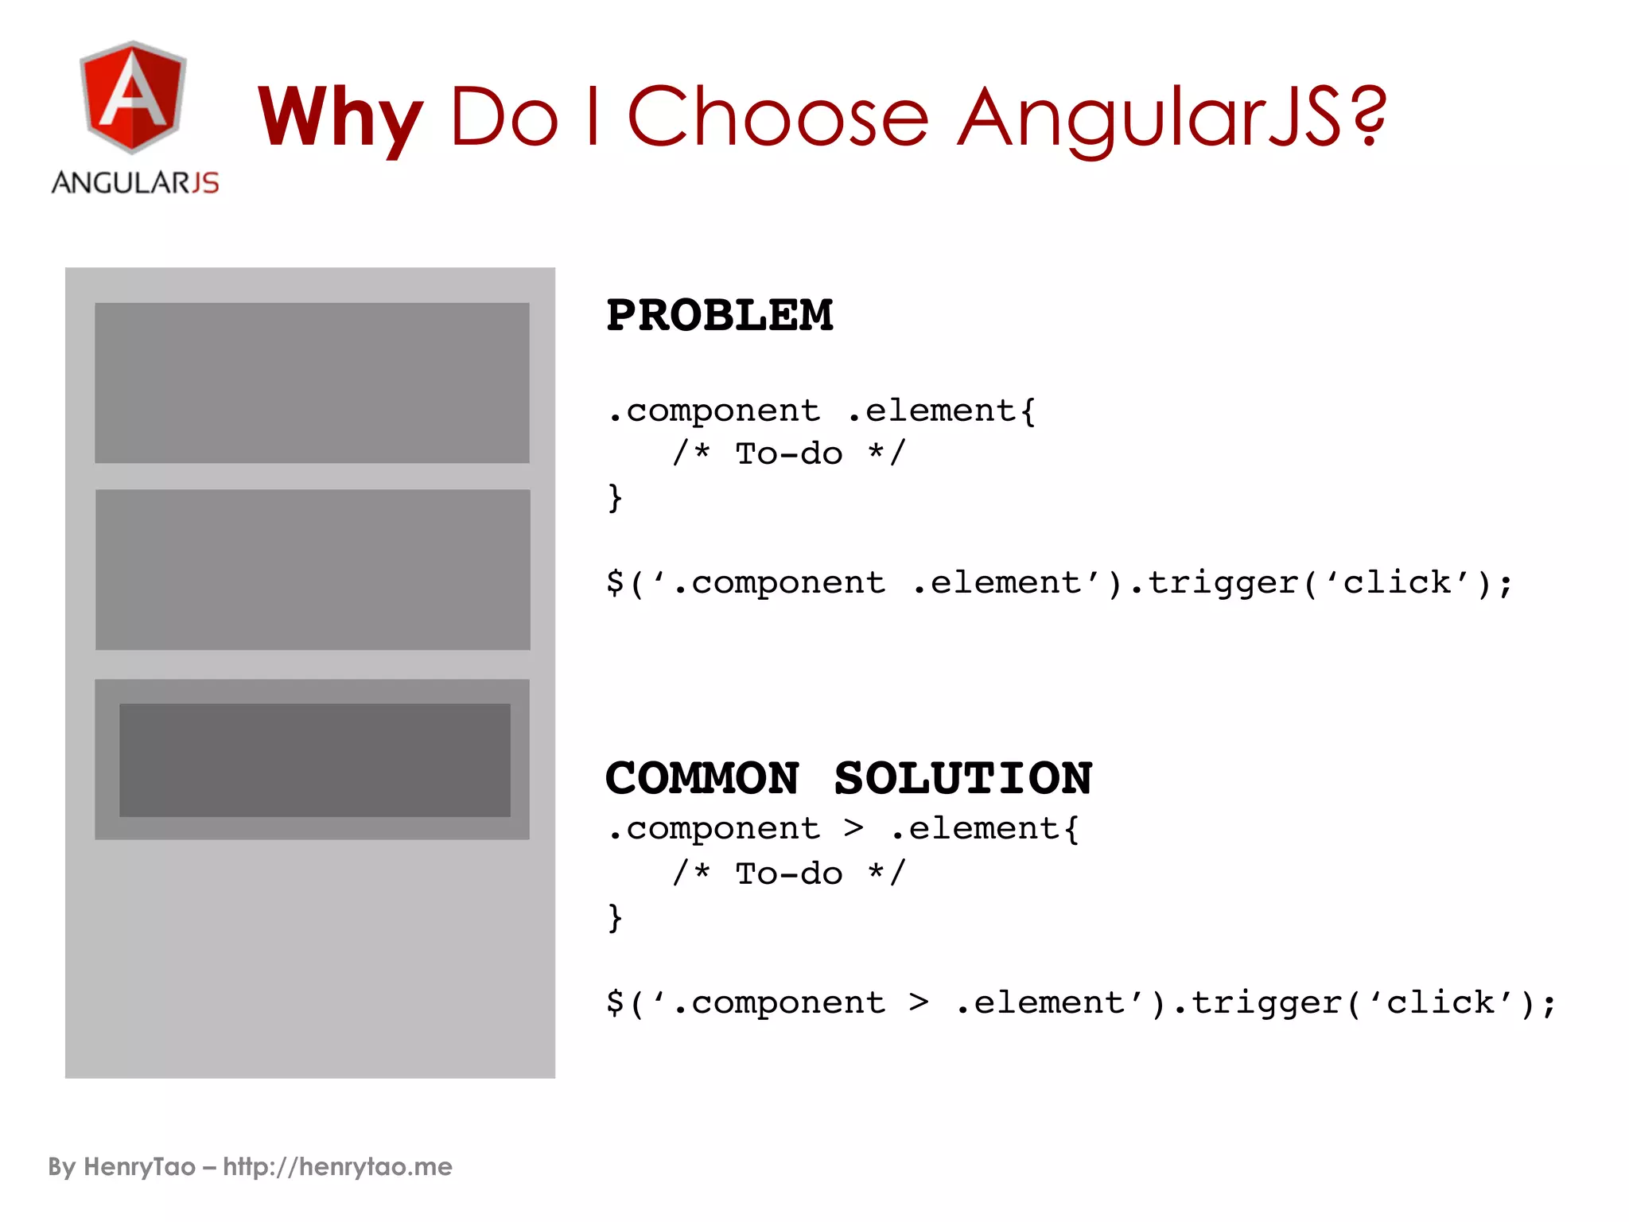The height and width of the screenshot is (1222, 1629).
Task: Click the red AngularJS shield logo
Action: tap(133, 97)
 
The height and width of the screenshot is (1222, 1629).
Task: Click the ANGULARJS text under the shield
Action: tap(135, 183)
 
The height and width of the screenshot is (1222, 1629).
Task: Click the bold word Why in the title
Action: tap(340, 118)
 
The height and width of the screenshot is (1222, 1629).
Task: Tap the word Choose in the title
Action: tap(778, 118)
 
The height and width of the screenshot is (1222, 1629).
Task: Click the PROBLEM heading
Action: tap(719, 315)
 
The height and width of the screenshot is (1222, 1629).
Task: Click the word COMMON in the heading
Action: tap(702, 778)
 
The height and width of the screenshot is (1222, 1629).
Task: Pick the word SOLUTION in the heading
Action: tap(963, 778)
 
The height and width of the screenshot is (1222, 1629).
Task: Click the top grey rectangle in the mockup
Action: tap(312, 383)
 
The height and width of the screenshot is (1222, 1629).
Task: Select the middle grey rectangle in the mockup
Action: tap(312, 570)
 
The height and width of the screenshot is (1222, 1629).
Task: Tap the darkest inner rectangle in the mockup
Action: tap(315, 760)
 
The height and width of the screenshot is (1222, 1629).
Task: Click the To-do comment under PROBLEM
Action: tap(788, 454)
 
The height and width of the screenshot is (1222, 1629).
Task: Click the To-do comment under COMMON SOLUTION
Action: tap(788, 874)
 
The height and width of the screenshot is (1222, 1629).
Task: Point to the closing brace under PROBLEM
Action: tap(615, 498)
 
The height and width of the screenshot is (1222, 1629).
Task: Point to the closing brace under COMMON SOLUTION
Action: tap(615, 917)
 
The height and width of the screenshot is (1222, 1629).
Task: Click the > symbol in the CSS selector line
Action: tap(853, 829)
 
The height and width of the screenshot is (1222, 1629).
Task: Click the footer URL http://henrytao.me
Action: tap(337, 1167)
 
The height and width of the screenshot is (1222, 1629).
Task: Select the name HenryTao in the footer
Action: tap(139, 1167)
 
